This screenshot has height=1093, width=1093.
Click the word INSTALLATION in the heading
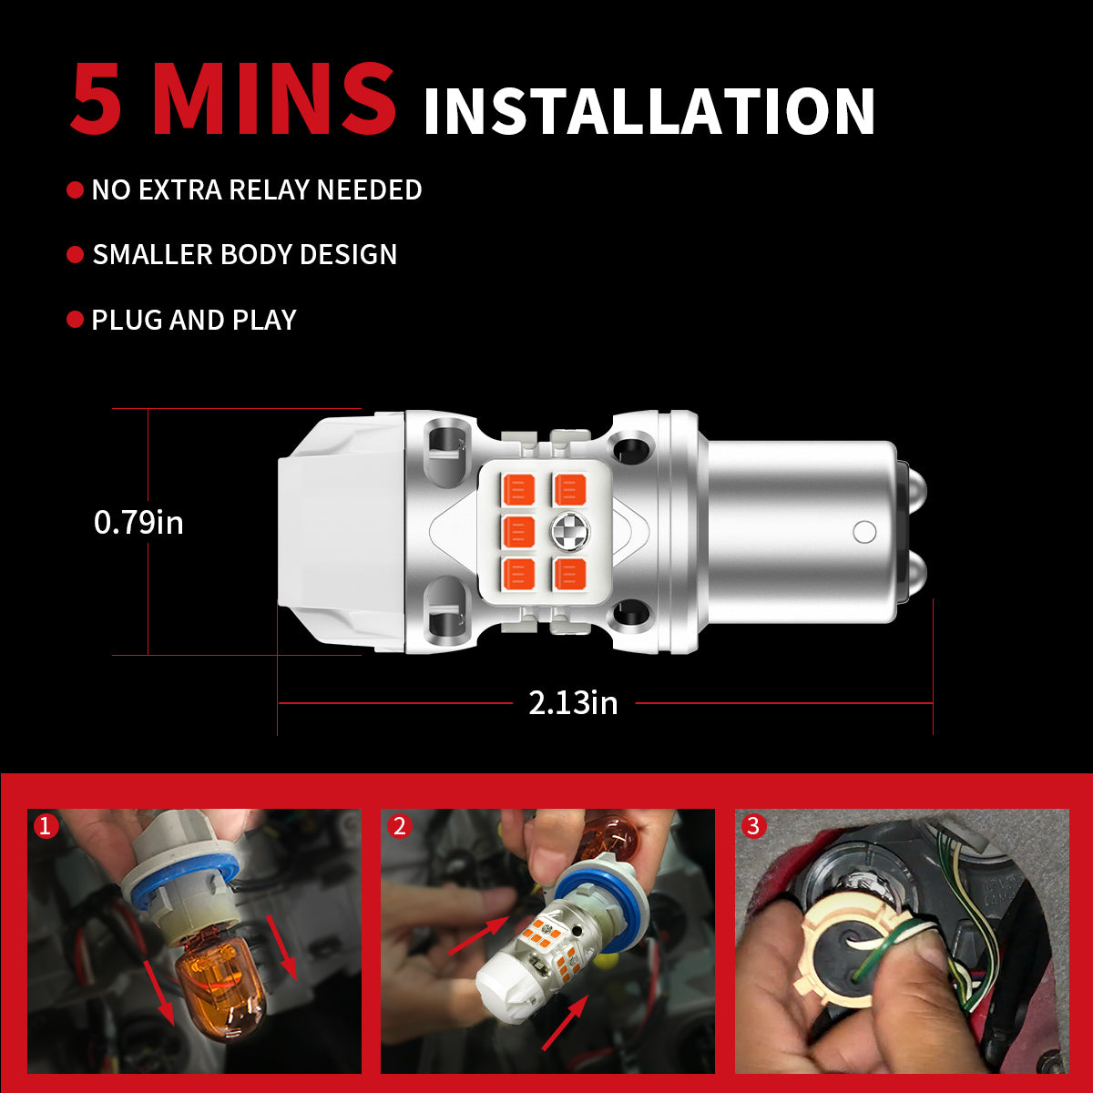[x=649, y=111]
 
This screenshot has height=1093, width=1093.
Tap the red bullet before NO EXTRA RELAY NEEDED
[x=76, y=190]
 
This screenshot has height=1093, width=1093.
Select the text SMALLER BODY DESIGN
[x=245, y=255]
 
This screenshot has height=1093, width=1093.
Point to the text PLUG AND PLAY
[x=194, y=321]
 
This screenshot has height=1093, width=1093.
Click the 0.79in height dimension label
[x=138, y=523]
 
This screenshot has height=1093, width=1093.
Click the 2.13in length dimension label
[x=573, y=703]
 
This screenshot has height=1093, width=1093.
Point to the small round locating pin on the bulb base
[x=864, y=532]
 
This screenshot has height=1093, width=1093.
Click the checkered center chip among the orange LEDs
[x=569, y=531]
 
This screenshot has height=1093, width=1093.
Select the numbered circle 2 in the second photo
[x=399, y=826]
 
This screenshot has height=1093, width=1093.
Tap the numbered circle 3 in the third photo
[x=752, y=826]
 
